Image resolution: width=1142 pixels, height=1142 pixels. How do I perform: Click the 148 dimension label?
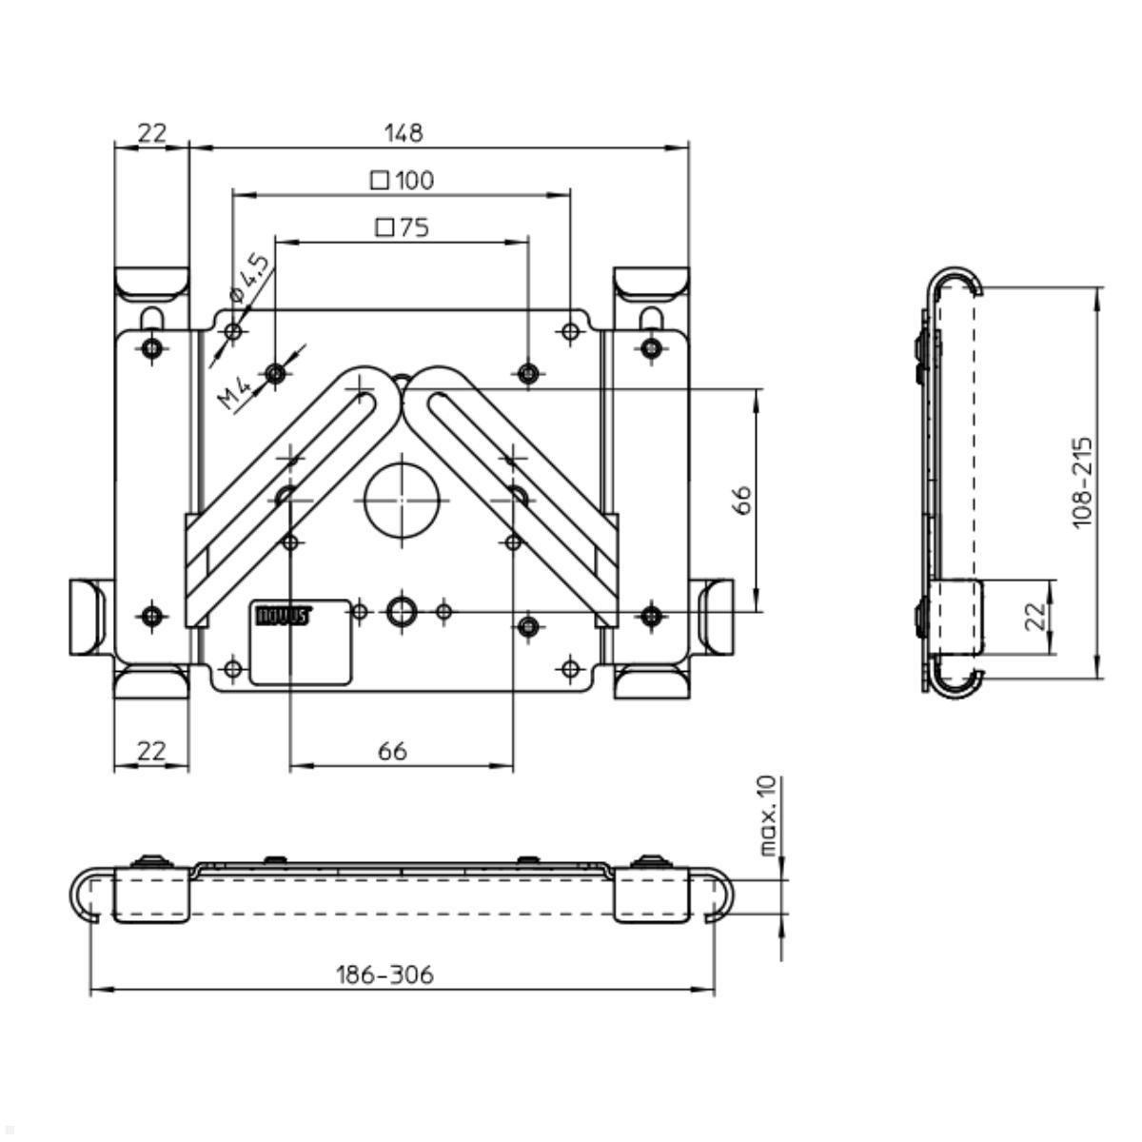pyautogui.click(x=403, y=132)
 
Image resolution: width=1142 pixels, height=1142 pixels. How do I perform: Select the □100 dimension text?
pyautogui.click(x=402, y=180)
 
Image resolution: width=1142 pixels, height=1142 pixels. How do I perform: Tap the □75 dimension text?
pyautogui.click(x=402, y=227)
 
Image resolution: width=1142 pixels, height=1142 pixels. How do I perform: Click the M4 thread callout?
pyautogui.click(x=233, y=392)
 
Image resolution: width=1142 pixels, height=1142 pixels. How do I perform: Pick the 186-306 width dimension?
pyautogui.click(x=384, y=975)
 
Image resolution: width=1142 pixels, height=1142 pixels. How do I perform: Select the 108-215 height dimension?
pyautogui.click(x=1082, y=482)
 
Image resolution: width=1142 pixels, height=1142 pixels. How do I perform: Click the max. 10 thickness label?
pyautogui.click(x=769, y=816)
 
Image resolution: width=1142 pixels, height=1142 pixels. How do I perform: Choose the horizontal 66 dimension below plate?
pyautogui.click(x=392, y=751)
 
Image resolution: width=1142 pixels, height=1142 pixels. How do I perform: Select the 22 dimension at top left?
pyautogui.click(x=151, y=132)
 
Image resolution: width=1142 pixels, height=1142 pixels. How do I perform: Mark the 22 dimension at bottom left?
pyautogui.click(x=151, y=751)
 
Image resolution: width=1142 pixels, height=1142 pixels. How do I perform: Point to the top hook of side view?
pyautogui.click(x=955, y=279)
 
